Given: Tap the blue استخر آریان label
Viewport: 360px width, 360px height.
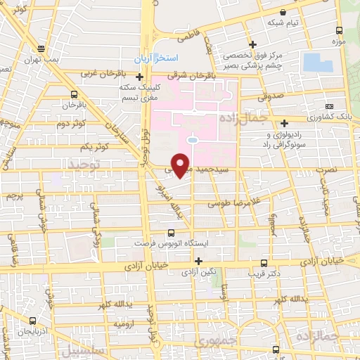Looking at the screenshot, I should pyautogui.click(x=159, y=56).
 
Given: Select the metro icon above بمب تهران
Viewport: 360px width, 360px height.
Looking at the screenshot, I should pyautogui.click(x=42, y=49).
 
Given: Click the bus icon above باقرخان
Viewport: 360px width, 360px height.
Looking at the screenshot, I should pyautogui.click(x=74, y=94).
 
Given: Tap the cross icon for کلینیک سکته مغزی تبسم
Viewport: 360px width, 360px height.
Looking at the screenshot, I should pyautogui.click(x=141, y=77).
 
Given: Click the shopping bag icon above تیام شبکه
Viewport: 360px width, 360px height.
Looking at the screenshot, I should pyautogui.click(x=283, y=12).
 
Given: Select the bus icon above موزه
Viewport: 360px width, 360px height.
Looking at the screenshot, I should pyautogui.click(x=340, y=30).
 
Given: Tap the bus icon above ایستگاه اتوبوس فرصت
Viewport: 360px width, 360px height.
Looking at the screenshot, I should pyautogui.click(x=172, y=232).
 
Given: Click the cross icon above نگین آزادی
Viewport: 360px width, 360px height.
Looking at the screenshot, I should pyautogui.click(x=200, y=261).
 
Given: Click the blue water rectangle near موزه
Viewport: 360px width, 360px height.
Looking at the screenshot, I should pyautogui.click(x=318, y=62).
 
